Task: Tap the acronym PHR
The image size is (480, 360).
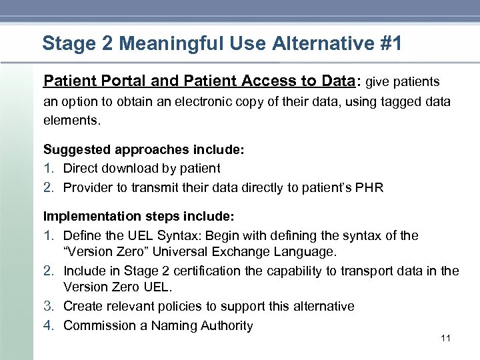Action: pyautogui.click(x=370, y=187)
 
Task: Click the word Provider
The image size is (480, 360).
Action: pyautogui.click(x=87, y=187)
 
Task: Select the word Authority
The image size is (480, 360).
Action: pyautogui.click(x=226, y=326)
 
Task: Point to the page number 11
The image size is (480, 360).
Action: pyautogui.click(x=446, y=339)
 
